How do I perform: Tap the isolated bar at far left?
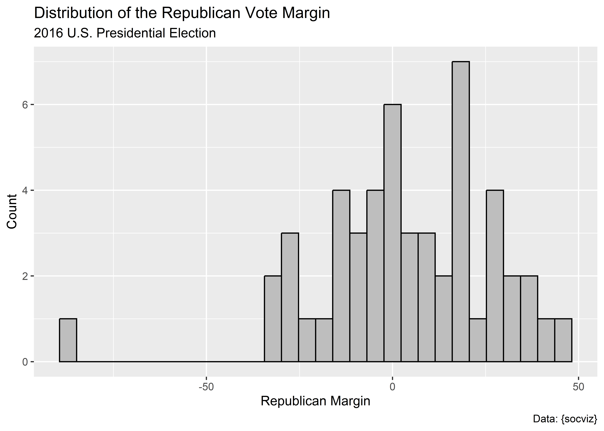[68, 340]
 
